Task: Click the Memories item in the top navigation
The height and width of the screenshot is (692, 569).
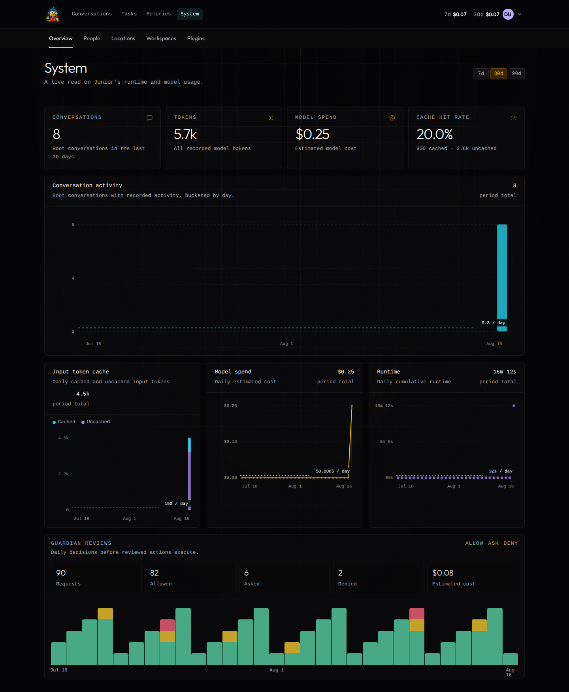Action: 158,14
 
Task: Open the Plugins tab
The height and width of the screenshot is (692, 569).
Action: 196,38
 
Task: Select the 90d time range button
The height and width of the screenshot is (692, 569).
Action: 516,73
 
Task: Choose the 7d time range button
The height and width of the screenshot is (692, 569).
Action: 481,73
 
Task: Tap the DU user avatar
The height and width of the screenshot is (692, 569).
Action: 508,14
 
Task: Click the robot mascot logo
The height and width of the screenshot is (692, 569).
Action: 53,14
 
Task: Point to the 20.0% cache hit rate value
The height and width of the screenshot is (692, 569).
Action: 435,134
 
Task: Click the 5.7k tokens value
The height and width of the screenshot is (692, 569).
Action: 185,134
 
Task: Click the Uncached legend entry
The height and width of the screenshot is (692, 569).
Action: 96,422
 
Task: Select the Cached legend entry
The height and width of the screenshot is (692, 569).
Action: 64,422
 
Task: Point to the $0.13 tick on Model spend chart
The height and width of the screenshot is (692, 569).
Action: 230,441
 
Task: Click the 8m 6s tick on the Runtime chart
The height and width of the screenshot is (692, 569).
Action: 386,441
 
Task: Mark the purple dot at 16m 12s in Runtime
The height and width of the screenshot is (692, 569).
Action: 514,405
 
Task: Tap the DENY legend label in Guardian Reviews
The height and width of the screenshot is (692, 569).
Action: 511,543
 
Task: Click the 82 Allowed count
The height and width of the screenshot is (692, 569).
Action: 154,573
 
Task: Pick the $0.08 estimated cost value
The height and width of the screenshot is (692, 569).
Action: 443,573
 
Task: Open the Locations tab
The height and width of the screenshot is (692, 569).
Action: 123,38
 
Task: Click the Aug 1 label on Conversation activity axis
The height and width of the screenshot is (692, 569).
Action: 286,343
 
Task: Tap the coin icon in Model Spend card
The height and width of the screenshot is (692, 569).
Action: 392,118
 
